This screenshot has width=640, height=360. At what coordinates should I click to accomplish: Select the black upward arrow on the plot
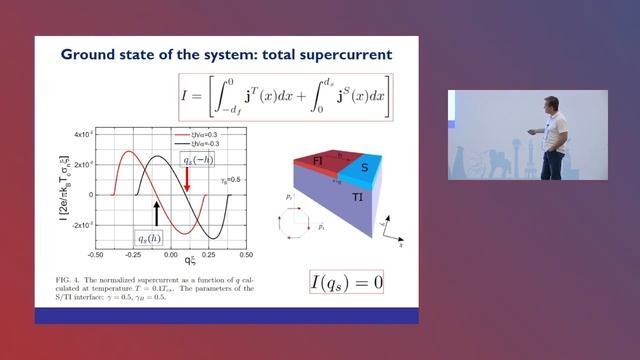coord(155,212)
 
